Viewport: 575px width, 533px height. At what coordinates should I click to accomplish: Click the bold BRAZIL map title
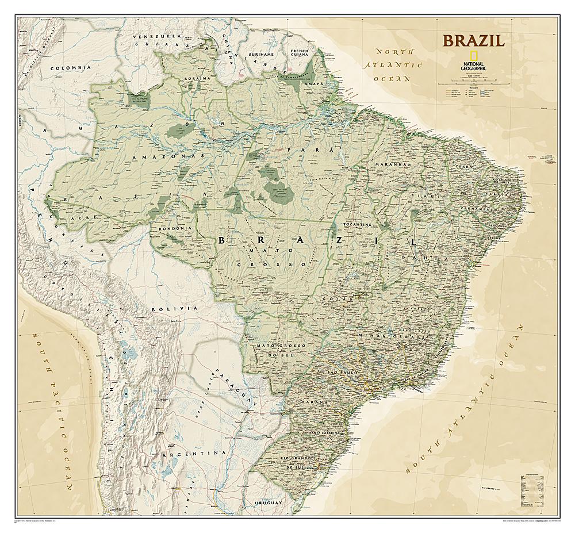click(473, 41)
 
